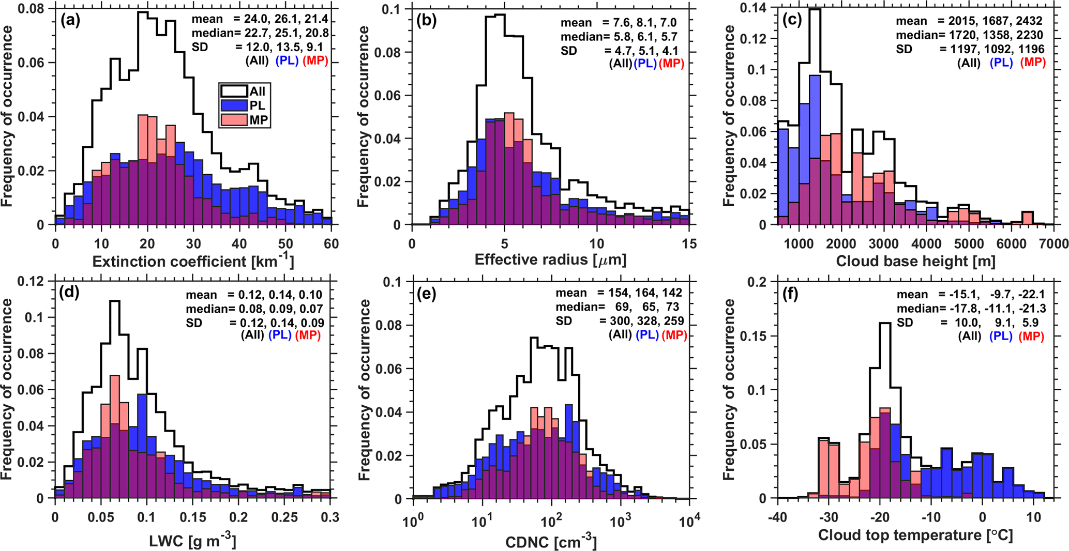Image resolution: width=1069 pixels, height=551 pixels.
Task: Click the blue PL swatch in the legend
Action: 234,105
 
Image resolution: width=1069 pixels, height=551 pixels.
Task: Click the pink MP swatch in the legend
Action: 234,120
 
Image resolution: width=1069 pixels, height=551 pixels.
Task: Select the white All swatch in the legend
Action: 234,91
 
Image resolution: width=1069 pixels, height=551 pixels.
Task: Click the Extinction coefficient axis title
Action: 193,261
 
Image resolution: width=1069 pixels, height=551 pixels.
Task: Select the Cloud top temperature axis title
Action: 915,535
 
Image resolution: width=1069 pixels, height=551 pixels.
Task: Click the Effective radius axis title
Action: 550,259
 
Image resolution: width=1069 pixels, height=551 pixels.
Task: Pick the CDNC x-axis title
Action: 550,542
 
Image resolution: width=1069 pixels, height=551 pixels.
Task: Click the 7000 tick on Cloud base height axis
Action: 1053,244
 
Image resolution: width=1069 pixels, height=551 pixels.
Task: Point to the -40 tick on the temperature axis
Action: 778,517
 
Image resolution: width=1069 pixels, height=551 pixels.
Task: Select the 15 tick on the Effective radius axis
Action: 689,243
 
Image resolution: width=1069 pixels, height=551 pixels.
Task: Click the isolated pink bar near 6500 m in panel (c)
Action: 1028,218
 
